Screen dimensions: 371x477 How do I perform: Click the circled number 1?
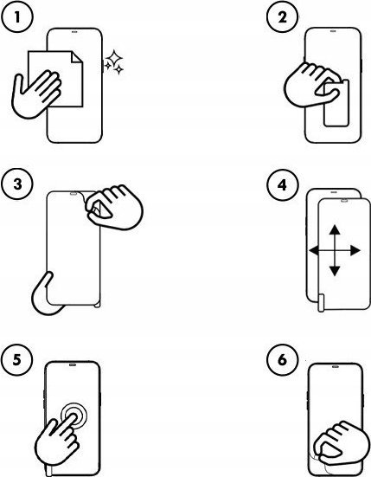pos(16,17)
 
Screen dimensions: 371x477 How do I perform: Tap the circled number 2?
pos(282,17)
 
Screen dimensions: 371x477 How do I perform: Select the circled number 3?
pos(16,184)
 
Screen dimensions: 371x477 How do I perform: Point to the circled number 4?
pos(282,184)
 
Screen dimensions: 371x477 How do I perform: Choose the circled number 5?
pos(16,360)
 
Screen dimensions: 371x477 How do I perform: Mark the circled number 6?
pos(282,360)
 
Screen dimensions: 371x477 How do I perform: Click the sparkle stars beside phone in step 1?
pos(114,62)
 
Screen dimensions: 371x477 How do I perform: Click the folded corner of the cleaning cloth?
pos(77,57)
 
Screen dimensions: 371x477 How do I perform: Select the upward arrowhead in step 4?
pos(335,229)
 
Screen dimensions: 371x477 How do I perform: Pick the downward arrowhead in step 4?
pos(335,270)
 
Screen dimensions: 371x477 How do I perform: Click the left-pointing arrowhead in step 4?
pos(314,251)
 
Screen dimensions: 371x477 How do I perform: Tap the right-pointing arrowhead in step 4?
pos(355,251)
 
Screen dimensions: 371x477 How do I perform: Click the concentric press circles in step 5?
pos(74,416)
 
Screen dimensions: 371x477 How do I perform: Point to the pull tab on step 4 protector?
pos(321,303)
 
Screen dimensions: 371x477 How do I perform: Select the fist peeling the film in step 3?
pos(114,207)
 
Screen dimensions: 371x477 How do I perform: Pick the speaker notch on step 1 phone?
pos(74,30)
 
